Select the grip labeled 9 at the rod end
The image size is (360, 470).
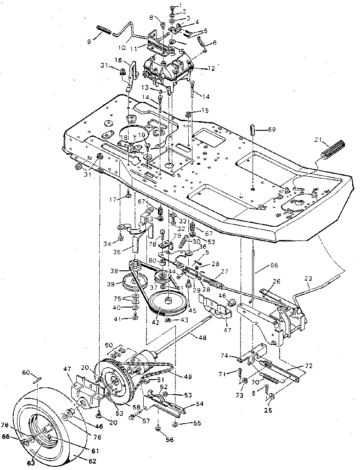click(104, 32)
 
